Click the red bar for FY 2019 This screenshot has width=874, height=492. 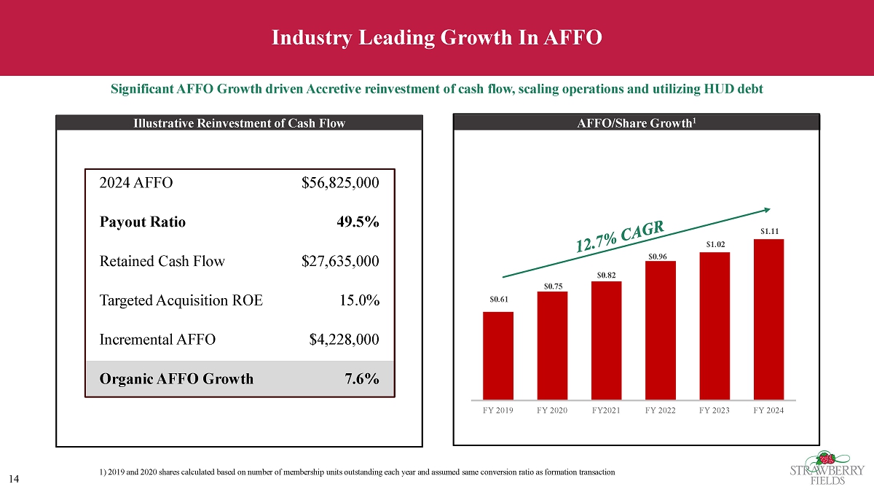[498, 356]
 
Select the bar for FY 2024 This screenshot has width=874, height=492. [768, 319]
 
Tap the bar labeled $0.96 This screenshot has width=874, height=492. [661, 330]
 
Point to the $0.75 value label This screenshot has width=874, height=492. [552, 286]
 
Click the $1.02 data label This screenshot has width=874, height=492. [714, 246]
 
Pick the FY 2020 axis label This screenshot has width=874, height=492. [552, 410]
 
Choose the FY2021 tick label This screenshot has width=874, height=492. [606, 410]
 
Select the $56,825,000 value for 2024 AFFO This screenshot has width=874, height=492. [340, 183]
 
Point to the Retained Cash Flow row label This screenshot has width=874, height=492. [162, 261]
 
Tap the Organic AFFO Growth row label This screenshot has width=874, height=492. [176, 378]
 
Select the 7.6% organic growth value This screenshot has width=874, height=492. [361, 378]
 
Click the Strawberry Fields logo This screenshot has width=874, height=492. [827, 466]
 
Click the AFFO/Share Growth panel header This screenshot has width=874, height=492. [636, 122]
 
